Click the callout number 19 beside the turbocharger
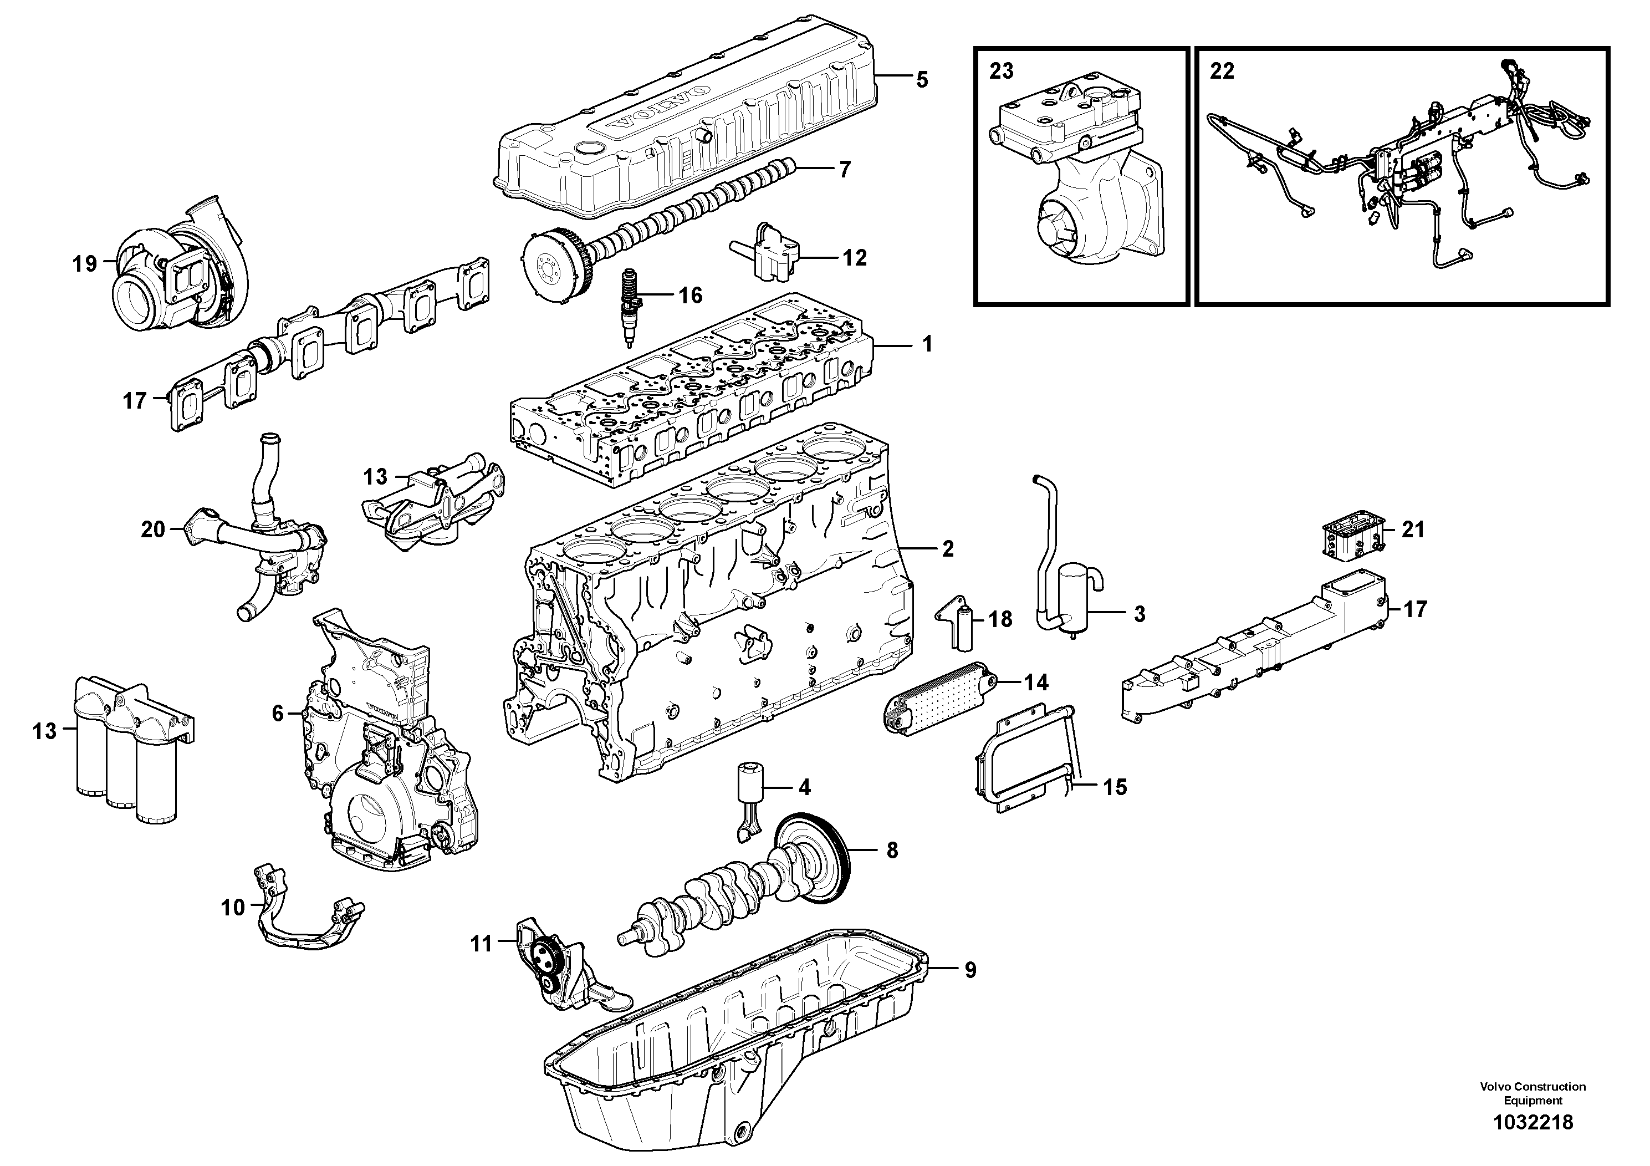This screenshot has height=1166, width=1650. click(x=84, y=264)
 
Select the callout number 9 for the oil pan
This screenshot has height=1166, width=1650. click(x=969, y=970)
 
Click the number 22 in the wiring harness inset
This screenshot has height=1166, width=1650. click(x=1222, y=71)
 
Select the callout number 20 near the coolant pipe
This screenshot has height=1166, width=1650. click(x=153, y=530)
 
